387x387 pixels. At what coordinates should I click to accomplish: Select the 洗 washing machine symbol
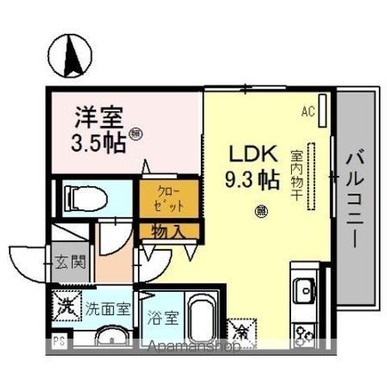(66, 306)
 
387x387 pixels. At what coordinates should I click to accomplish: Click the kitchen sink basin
(306, 288)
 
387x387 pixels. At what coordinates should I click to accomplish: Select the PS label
(58, 341)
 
